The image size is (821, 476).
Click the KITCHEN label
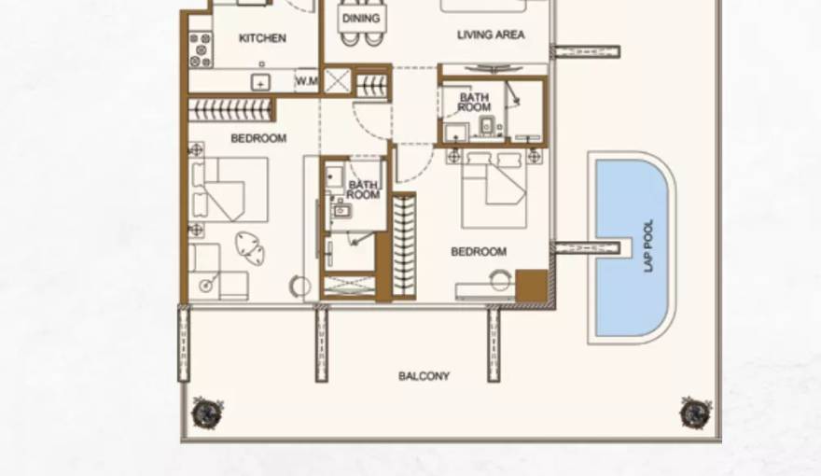pos(262,38)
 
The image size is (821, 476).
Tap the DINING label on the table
pos(360,19)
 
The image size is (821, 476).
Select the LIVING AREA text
pos(491,35)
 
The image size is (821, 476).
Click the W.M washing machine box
pos(307,81)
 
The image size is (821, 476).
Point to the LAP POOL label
pos(649,245)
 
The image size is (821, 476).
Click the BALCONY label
pos(424,376)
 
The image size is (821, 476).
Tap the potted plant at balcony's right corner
pos(695,412)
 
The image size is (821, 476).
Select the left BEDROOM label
pos(258,138)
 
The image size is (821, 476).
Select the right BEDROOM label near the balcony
pos(479,251)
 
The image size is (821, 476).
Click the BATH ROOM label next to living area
pos(474,103)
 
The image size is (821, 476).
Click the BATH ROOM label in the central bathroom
pos(363,189)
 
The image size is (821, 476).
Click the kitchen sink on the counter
pos(260,82)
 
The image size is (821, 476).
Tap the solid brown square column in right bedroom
pos(531,286)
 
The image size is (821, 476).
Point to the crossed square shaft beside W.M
pos(337,80)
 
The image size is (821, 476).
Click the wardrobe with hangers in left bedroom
pos(231,109)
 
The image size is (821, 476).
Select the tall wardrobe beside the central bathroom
pos(403,245)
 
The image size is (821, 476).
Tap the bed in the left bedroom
pos(230,188)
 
